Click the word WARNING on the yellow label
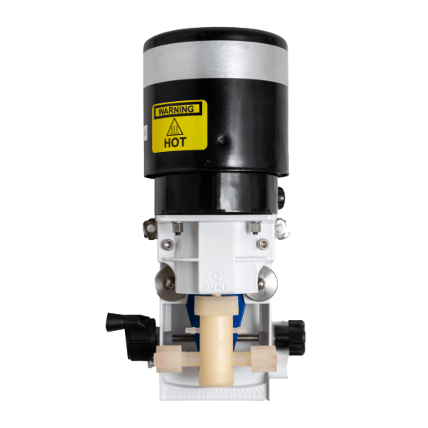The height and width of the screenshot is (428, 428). pyautogui.click(x=174, y=110)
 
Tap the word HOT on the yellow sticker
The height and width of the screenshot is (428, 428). pyautogui.click(x=175, y=143)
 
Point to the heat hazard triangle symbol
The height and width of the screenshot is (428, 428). pyautogui.click(x=175, y=126)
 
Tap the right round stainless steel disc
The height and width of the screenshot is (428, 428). pyautogui.click(x=263, y=283)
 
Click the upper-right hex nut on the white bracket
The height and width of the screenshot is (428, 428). pyautogui.click(x=255, y=226)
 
